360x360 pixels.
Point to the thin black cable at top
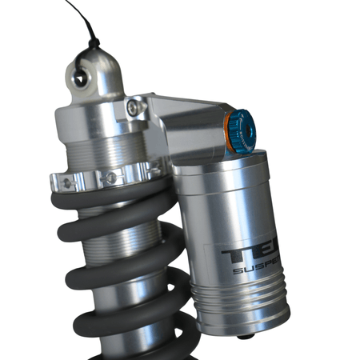tap(77, 16)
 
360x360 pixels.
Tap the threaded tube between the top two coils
tap(120, 232)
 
